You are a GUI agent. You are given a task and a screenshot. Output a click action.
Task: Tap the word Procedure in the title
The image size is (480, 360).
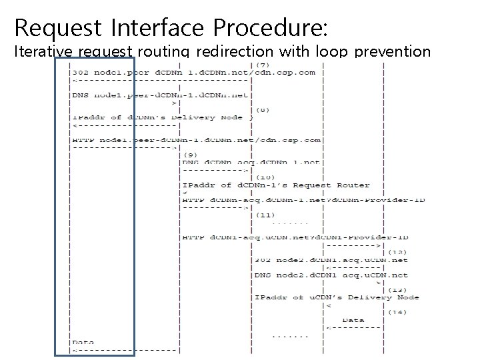point(270,27)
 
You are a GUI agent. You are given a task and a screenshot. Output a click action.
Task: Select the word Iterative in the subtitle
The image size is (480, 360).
point(44,51)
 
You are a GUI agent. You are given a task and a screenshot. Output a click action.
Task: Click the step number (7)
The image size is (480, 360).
point(264,65)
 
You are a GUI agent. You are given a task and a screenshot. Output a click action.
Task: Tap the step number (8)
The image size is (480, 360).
point(264,110)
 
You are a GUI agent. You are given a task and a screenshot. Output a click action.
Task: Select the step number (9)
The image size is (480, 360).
point(191,155)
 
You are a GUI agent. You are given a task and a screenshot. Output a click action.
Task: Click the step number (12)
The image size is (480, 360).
point(398,252)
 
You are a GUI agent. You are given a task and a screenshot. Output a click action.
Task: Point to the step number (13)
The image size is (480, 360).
point(398,289)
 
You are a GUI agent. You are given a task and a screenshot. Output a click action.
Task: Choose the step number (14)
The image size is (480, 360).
point(398,312)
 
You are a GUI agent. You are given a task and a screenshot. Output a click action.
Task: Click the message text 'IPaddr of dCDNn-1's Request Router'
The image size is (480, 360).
point(276,185)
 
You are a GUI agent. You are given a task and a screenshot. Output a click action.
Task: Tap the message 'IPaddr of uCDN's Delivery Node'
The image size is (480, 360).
point(337,297)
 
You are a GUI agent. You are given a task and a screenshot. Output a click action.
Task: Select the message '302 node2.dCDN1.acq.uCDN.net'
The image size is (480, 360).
point(331,260)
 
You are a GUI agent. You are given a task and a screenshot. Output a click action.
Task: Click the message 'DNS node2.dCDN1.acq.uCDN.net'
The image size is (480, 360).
point(331,275)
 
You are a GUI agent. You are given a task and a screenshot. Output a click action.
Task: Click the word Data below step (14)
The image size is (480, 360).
point(353,320)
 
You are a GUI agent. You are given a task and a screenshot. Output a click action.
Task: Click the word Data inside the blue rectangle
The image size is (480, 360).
point(83,343)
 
